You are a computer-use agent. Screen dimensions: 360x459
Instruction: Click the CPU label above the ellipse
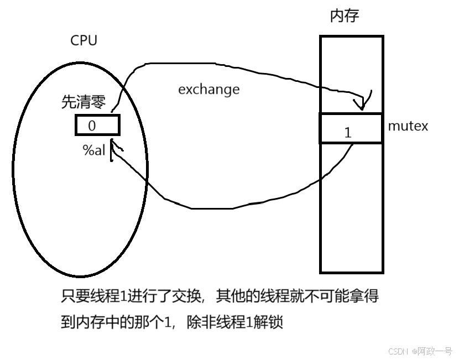pyautogui.click(x=84, y=40)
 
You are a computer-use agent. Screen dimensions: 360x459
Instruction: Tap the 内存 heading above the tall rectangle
pyautogui.click(x=345, y=15)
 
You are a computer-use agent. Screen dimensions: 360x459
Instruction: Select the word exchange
pyautogui.click(x=208, y=89)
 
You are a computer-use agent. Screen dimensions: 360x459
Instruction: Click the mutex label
pyautogui.click(x=408, y=126)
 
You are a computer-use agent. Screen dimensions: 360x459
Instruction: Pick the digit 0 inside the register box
pyautogui.click(x=92, y=126)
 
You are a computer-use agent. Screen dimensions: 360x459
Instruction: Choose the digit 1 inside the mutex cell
pyautogui.click(x=348, y=133)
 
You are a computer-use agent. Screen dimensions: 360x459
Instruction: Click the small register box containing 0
pyautogui.click(x=97, y=125)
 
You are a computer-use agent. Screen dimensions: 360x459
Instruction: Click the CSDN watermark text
pyautogui.click(x=398, y=351)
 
